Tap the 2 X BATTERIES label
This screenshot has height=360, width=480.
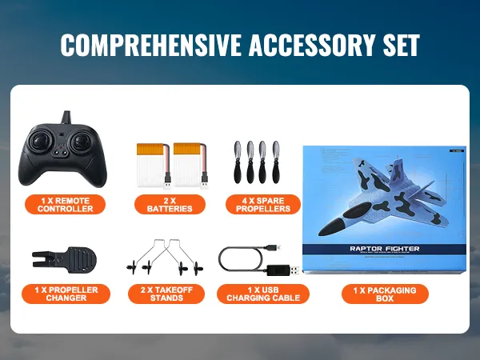pos(169,204)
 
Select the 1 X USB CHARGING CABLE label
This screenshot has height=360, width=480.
pos(263,294)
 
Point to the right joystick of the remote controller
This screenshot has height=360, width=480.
pos(82,146)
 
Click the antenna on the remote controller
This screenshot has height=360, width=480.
pos(67,118)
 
